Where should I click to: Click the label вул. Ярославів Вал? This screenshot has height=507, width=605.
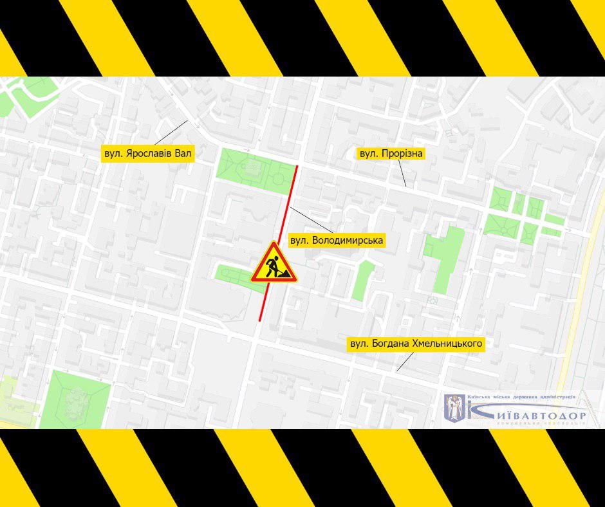click(x=149, y=154)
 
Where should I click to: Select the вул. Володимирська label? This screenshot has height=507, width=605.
click(x=337, y=241)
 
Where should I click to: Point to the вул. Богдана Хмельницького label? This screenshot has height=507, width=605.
click(x=415, y=344)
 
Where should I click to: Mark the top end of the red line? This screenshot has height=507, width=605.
click(x=297, y=167)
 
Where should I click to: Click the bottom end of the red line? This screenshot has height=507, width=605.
click(x=260, y=320)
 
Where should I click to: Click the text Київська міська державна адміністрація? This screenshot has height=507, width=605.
click(x=521, y=398)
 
